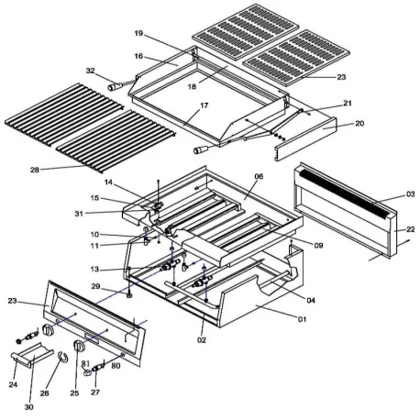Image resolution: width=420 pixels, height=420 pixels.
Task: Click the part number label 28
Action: (x=33, y=169)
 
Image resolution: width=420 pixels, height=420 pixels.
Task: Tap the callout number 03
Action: (x=410, y=194)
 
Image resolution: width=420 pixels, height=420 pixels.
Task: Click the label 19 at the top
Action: (x=138, y=34)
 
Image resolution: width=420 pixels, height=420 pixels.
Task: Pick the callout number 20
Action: (x=359, y=123)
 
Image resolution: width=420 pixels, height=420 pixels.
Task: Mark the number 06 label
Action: (x=259, y=177)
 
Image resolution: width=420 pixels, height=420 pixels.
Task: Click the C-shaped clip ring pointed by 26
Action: (x=61, y=358)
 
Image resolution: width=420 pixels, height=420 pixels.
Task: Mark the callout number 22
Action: (x=411, y=229)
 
